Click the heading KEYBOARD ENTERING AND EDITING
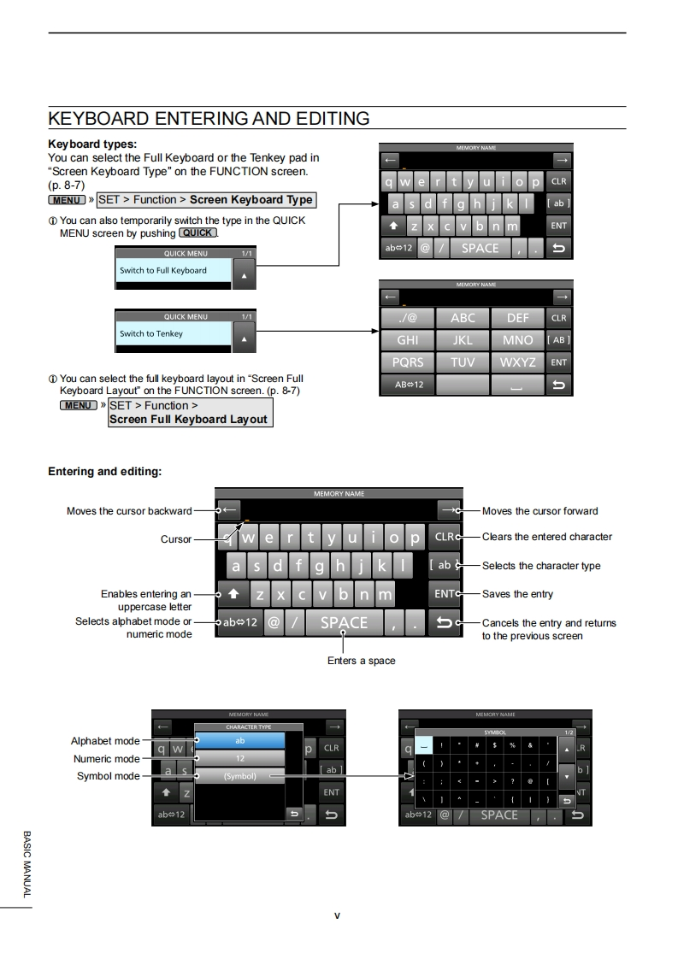(209, 119)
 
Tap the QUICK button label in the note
(198, 232)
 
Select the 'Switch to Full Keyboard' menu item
(173, 271)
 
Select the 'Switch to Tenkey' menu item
(173, 334)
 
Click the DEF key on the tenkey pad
(517, 318)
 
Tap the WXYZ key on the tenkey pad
(517, 362)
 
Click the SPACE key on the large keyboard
(344, 623)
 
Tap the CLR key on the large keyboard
(445, 538)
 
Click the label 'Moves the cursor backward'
(129, 511)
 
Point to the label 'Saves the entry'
(517, 594)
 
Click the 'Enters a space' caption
(361, 661)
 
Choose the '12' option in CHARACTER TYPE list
(239, 758)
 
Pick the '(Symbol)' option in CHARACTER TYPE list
(239, 776)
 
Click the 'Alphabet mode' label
(104, 741)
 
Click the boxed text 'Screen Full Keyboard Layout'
(188, 420)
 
